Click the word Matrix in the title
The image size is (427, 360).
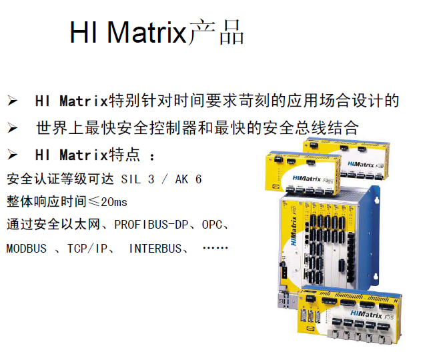point(147,33)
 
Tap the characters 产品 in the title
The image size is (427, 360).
point(216,32)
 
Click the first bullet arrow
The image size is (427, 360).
point(12,101)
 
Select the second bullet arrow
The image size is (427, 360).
point(12,128)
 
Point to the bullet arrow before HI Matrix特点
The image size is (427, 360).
point(12,155)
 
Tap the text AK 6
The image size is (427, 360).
point(188,179)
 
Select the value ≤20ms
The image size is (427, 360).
point(108,202)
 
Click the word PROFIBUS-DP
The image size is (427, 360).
point(151,225)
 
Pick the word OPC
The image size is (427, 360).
point(212,225)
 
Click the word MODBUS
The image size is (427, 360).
point(27,249)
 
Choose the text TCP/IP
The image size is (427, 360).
point(87,249)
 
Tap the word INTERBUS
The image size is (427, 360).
point(155,249)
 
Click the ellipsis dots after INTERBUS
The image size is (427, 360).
point(216,248)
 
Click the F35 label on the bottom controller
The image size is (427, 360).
point(389,317)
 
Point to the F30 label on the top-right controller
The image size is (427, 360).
point(380,166)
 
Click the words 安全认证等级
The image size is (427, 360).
point(40,179)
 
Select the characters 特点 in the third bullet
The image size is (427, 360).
point(125,155)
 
